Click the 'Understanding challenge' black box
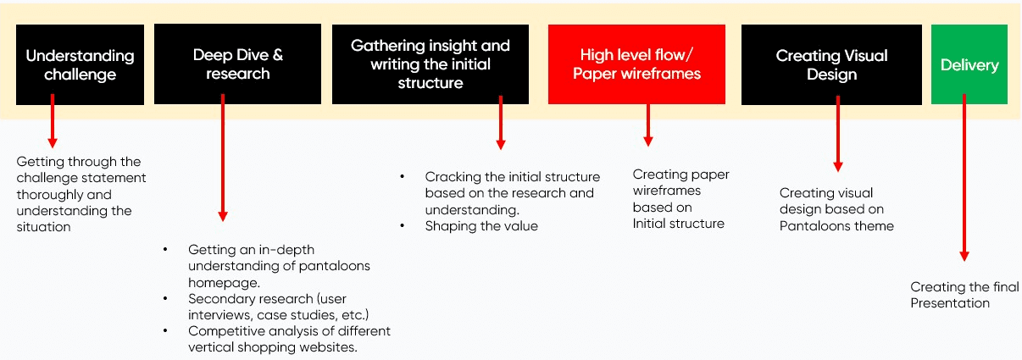[x=80, y=64]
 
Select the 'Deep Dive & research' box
[x=237, y=64]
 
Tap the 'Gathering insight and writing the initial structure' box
[x=430, y=64]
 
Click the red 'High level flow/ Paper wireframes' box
[x=636, y=64]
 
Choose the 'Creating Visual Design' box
[x=831, y=64]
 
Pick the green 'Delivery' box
[x=969, y=64]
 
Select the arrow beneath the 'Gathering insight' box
[x=500, y=122]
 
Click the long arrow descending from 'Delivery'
[x=964, y=178]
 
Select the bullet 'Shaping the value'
[x=481, y=226]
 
